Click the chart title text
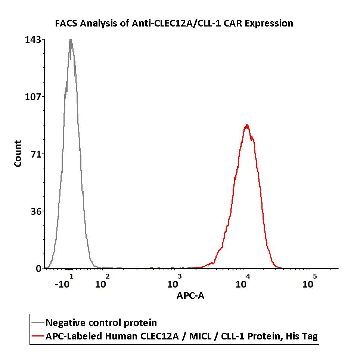(174, 24)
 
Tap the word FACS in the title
(66, 24)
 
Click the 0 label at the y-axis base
(38, 269)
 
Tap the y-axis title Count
(18, 153)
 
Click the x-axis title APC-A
(190, 296)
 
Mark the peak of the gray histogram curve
(70, 40)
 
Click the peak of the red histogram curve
(246, 125)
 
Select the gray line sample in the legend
(38, 323)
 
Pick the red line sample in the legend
(38, 336)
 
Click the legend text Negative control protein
(101, 323)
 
